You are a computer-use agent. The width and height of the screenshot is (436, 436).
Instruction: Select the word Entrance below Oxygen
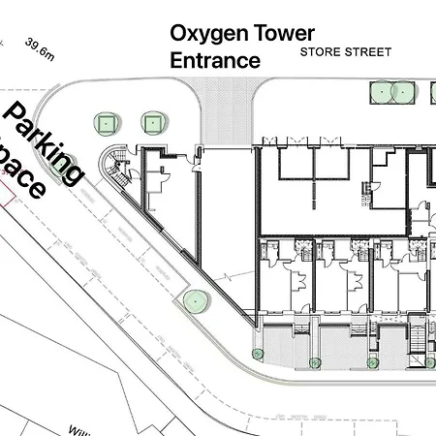(215, 60)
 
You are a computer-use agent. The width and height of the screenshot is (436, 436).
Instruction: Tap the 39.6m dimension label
(42, 47)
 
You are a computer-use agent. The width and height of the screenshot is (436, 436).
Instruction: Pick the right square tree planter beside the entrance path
(153, 122)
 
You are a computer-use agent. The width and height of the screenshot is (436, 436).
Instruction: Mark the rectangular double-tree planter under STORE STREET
(392, 93)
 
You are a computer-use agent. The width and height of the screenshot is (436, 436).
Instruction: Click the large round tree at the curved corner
(195, 301)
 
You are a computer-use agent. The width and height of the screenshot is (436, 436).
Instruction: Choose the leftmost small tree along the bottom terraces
(257, 353)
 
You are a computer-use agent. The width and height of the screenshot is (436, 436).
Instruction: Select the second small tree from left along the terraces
(314, 363)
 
